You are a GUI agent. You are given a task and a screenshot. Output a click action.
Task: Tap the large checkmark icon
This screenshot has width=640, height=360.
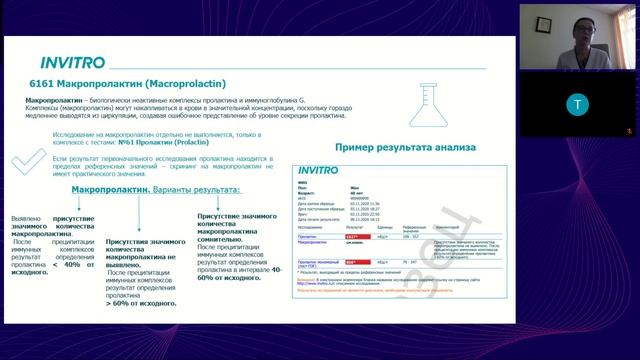pos(27,161)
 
